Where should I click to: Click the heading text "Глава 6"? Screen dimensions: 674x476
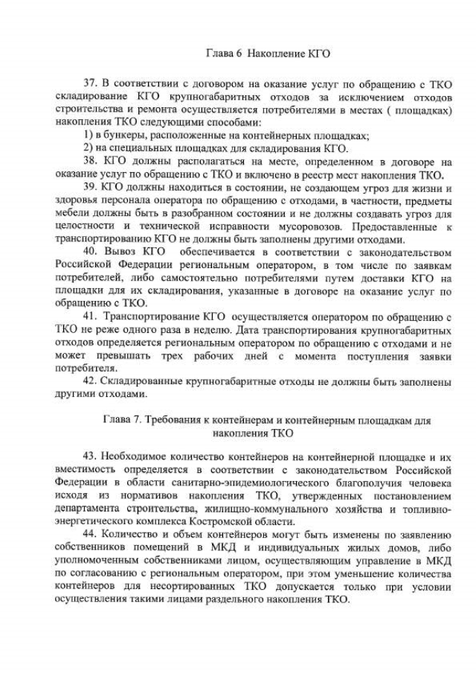point(222,54)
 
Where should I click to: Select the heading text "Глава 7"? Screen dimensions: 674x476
point(122,420)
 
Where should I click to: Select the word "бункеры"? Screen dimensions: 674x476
point(122,135)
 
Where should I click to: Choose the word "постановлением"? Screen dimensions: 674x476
point(412,495)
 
